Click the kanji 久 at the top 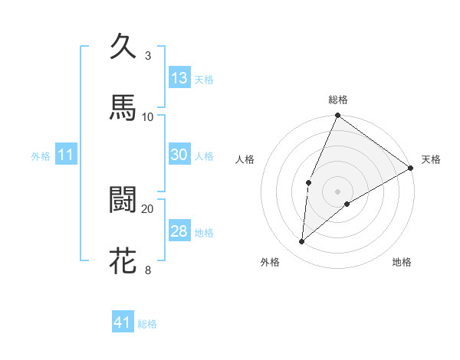pyautogui.click(x=123, y=46)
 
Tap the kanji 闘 pyautogui.click(x=123, y=200)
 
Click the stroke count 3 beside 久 pyautogui.click(x=147, y=55)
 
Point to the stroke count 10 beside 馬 pyautogui.click(x=148, y=116)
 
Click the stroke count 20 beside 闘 pyautogui.click(x=148, y=208)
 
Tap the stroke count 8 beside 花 pyautogui.click(x=147, y=270)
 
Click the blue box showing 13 pyautogui.click(x=179, y=78)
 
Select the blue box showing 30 pyautogui.click(x=179, y=155)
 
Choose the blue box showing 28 pyautogui.click(x=179, y=231)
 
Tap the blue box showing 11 pyautogui.click(x=65, y=155)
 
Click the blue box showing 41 pyautogui.click(x=123, y=323)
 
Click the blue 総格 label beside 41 pyautogui.click(x=147, y=324)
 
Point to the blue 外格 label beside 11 pyautogui.click(x=41, y=156)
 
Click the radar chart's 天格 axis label pyautogui.click(x=432, y=159)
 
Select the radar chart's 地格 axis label pyautogui.click(x=402, y=262)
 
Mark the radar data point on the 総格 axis pyautogui.click(x=337, y=116)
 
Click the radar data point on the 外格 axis pyautogui.click(x=301, y=241)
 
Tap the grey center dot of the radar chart pyautogui.click(x=337, y=191)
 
